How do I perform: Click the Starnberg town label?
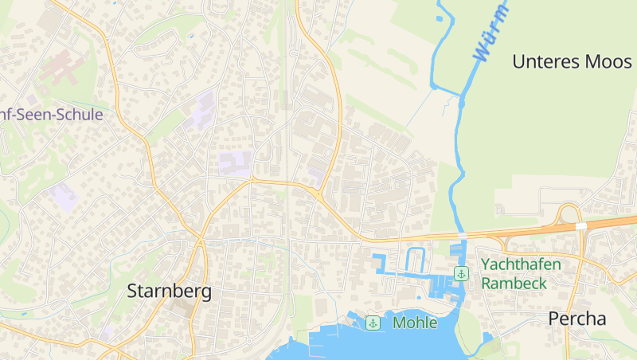click(170, 292)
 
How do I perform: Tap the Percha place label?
click(576, 319)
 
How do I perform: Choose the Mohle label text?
click(415, 323)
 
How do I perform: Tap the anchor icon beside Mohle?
click(373, 323)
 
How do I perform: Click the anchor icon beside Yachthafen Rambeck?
click(460, 274)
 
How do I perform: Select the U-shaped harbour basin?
click(415, 260)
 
